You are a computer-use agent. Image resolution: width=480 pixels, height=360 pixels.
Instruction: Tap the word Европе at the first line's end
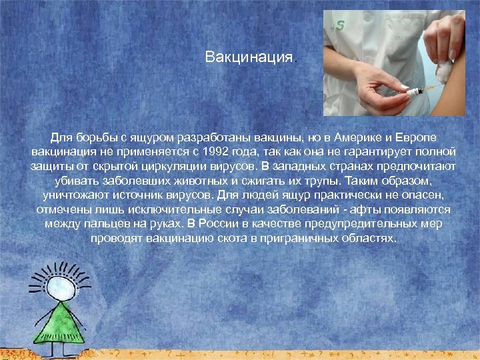419,137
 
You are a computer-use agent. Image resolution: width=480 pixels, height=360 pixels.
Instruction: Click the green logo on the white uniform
340,27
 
